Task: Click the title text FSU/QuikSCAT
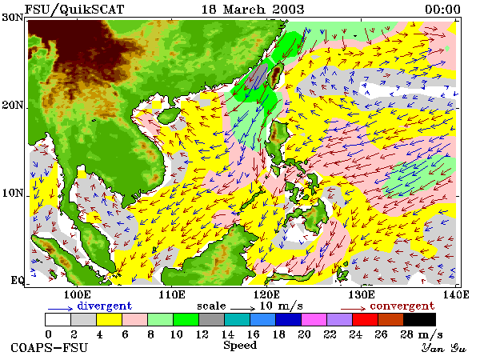(74, 9)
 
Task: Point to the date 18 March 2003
(253, 9)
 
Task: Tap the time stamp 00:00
(442, 9)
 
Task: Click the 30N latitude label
(13, 17)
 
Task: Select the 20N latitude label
(13, 105)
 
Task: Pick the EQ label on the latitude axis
(17, 280)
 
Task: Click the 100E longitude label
(77, 294)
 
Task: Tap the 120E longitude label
(266, 294)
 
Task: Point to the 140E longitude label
(456, 294)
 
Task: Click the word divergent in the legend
(104, 306)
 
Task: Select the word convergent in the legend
(402, 306)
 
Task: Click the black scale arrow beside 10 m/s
(242, 309)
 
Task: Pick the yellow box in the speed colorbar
(110, 319)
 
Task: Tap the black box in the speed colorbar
(419, 319)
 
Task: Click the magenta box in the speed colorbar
(314, 319)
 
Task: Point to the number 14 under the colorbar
(227, 334)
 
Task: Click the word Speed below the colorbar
(240, 346)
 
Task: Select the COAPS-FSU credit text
(50, 348)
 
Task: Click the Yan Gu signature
(444, 348)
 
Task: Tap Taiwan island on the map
(276, 75)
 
